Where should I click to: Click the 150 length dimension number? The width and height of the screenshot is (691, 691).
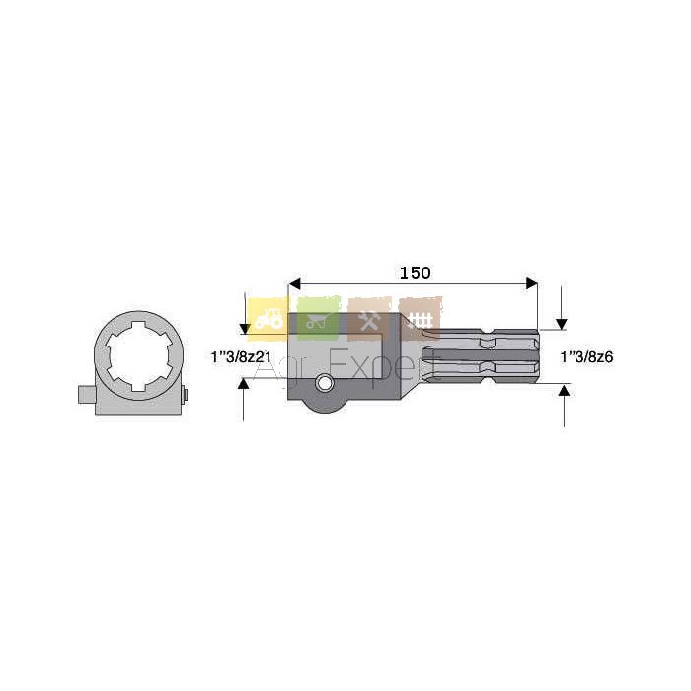click(415, 273)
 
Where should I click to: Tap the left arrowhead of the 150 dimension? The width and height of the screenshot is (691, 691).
click(294, 284)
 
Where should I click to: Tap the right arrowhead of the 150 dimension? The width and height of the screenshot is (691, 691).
click(532, 284)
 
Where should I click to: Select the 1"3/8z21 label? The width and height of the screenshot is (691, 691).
click(241, 357)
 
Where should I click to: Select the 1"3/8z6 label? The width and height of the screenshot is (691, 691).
click(586, 357)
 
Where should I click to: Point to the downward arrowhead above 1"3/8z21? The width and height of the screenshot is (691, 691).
click(245, 329)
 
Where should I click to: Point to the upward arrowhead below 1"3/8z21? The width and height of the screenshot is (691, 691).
click(243, 383)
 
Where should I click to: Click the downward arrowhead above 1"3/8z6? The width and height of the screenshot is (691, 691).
click(561, 324)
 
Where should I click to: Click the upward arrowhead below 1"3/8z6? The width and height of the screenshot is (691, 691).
click(564, 389)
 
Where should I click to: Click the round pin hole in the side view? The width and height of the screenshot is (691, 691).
click(325, 383)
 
